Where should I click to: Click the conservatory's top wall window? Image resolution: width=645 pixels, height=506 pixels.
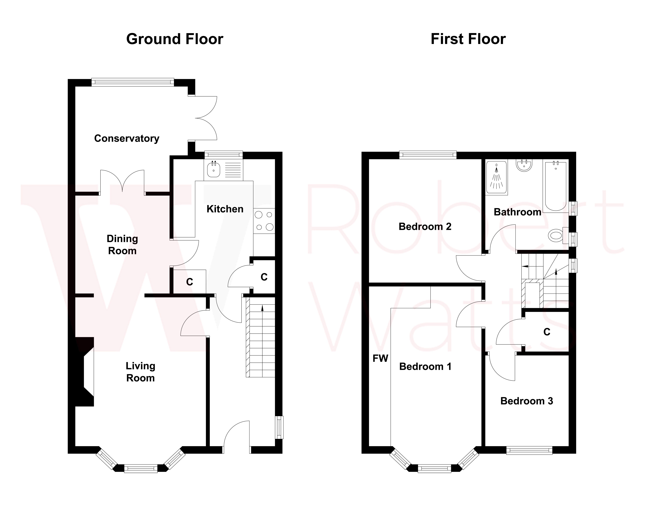(x=133, y=82)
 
